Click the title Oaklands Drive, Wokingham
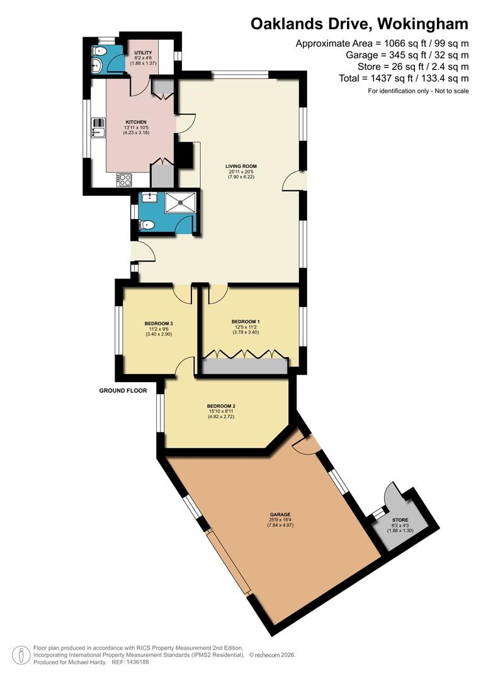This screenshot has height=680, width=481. pyautogui.click(x=359, y=24)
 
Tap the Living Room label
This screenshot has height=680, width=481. pyautogui.click(x=242, y=167)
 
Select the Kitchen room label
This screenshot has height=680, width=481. pyautogui.click(x=136, y=122)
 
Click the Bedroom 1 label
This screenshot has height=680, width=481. pyautogui.click(x=246, y=321)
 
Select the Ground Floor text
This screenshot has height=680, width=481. pyautogui.click(x=123, y=390)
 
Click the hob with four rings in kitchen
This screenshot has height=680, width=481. pyautogui.click(x=125, y=180)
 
